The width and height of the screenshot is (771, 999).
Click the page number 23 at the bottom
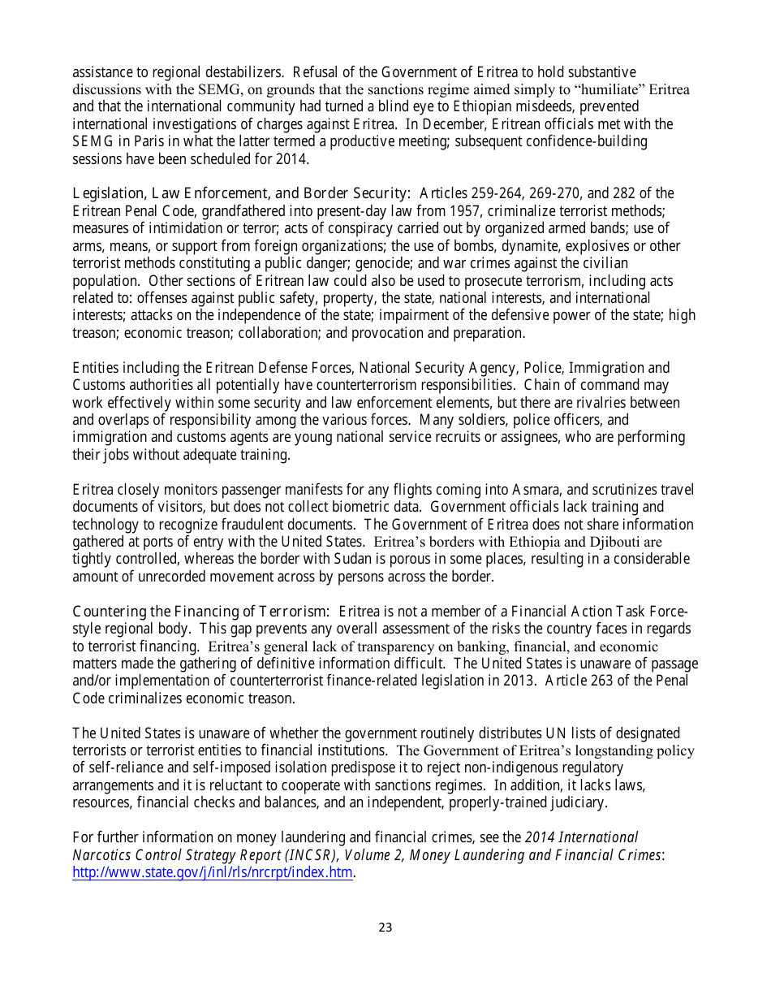point(385,927)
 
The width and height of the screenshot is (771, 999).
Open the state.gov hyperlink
point(213,873)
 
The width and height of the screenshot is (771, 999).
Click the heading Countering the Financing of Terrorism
point(200,611)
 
